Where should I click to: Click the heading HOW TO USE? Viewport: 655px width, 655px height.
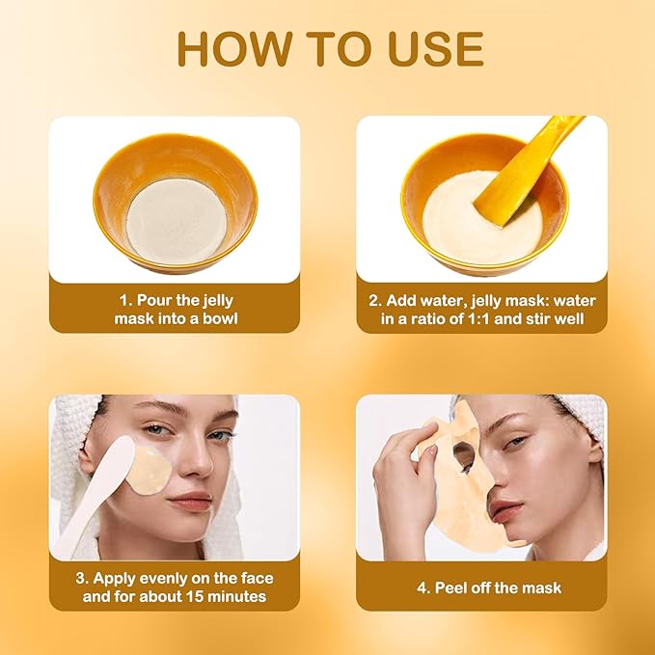coord(328,48)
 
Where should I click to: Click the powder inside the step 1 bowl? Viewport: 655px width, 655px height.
coord(177,217)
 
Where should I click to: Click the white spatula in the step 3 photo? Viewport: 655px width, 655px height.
coord(96,492)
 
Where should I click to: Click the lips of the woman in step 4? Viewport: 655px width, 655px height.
coord(503,508)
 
